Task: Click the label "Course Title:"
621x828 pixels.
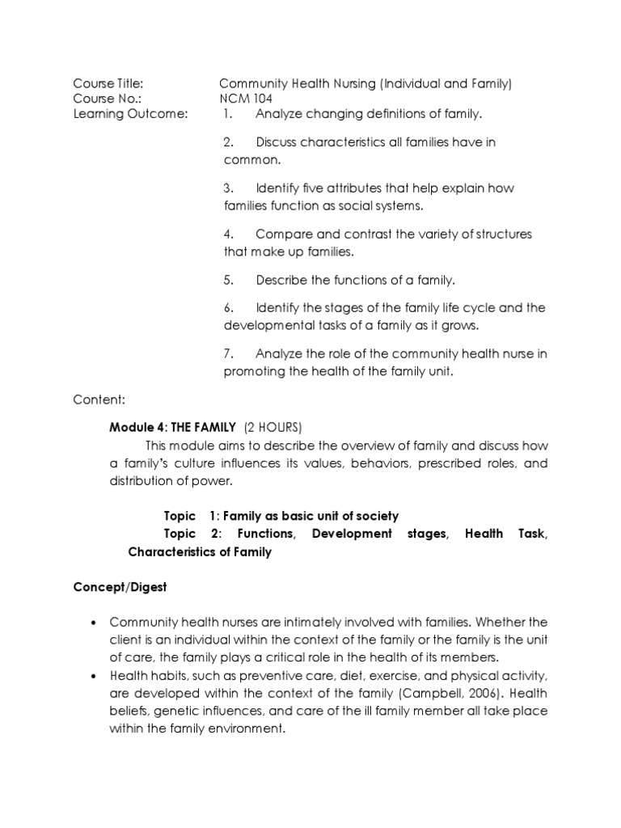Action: coord(108,83)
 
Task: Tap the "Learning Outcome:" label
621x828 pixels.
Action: coord(129,114)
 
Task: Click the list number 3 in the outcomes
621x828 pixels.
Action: coord(228,188)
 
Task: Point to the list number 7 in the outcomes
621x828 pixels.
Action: coord(228,353)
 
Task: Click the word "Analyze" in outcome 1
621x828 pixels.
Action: coord(279,114)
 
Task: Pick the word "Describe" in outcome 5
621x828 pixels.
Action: coord(281,281)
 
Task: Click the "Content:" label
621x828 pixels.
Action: coord(99,399)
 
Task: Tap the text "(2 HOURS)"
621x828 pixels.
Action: coord(272,427)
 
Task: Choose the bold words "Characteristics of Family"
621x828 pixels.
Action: coord(200,552)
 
